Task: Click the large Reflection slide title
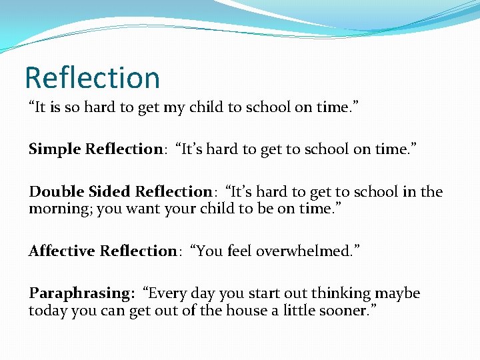click(92, 77)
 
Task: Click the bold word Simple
click(55, 149)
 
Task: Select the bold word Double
click(53, 192)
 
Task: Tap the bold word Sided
click(107, 192)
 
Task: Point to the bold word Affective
click(61, 251)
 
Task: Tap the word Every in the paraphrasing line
click(165, 293)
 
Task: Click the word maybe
click(398, 293)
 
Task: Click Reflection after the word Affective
click(138, 251)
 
